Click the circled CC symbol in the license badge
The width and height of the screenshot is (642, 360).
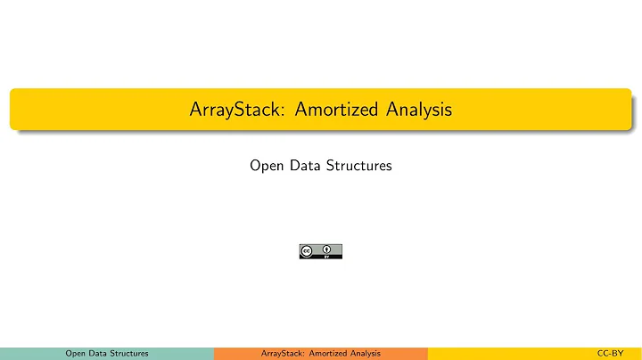point(308,251)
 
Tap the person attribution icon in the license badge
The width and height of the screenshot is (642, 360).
point(328,250)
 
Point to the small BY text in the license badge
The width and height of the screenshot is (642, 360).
point(328,257)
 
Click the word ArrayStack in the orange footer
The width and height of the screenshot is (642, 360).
point(281,354)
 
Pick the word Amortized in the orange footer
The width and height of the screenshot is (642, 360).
point(325,354)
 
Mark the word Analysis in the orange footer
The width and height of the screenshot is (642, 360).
point(365,354)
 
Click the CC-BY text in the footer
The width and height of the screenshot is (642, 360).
point(610,354)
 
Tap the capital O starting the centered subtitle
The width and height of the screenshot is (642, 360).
point(255,166)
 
